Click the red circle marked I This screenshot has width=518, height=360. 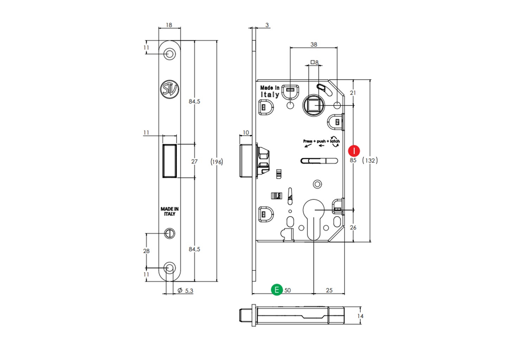click(x=354, y=151)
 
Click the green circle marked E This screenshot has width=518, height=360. click(x=277, y=290)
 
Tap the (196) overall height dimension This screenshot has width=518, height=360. click(x=217, y=162)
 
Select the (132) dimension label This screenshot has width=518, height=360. click(x=370, y=160)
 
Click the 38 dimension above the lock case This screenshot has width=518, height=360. click(x=314, y=45)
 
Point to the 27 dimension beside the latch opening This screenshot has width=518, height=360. click(x=194, y=161)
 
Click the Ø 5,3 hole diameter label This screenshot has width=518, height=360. click(x=185, y=291)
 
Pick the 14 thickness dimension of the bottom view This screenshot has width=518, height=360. click(x=360, y=316)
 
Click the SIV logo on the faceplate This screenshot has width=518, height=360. click(x=170, y=89)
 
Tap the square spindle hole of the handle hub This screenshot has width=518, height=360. click(x=314, y=105)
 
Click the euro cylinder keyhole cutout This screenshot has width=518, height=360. click(x=314, y=218)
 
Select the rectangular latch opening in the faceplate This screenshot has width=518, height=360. click(x=170, y=161)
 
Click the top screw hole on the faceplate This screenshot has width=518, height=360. click(x=170, y=54)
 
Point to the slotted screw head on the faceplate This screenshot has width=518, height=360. click(x=170, y=233)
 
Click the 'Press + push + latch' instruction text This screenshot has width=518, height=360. click(x=321, y=141)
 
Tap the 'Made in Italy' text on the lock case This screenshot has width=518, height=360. click(x=270, y=91)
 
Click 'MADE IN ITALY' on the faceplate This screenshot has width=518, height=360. click(x=170, y=211)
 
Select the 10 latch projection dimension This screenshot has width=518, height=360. click(x=246, y=133)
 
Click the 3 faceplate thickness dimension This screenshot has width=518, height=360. click(x=267, y=25)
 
